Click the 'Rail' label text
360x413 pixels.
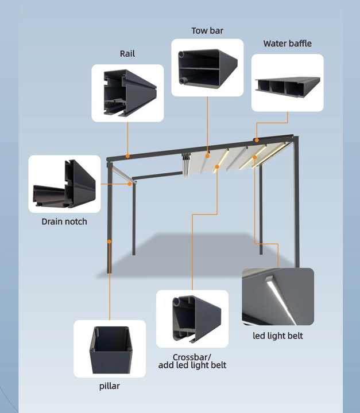pos(127,53)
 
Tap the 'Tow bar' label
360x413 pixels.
pos(207,30)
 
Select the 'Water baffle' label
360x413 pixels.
pos(288,44)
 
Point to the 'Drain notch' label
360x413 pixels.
pos(64,221)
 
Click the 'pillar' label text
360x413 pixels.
pos(109,386)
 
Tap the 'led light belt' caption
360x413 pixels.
pos(278,335)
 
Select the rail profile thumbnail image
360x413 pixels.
pos(127,93)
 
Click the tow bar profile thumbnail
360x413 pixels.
pos(207,68)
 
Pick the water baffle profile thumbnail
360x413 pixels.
pos(287,83)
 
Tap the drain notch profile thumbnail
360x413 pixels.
pos(64,184)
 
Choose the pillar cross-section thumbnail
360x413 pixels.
pos(110,349)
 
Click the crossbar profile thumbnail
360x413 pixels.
pos(192,319)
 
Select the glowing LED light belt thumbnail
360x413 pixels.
pos(278,297)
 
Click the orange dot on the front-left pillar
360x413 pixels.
pos(109,241)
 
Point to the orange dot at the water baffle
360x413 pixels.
pos(257,140)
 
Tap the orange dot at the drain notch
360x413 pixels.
pos(130,184)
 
